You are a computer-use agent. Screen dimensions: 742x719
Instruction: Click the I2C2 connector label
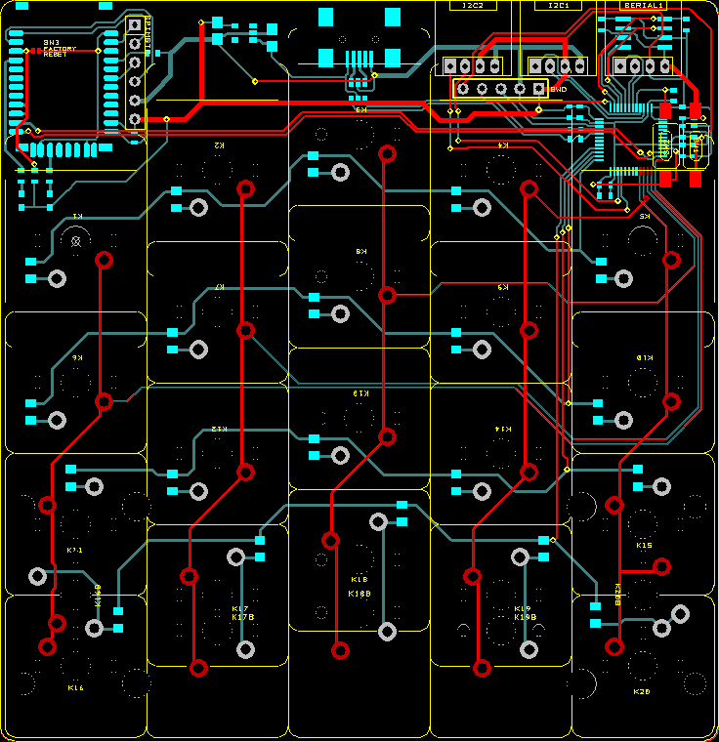click(x=473, y=6)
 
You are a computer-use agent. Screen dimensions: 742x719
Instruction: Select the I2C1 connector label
click(x=558, y=6)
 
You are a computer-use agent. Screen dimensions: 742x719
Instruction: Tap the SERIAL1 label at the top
click(x=643, y=6)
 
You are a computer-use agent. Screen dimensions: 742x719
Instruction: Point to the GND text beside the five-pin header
click(x=559, y=90)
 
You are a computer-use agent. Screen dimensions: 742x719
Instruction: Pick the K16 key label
click(x=75, y=688)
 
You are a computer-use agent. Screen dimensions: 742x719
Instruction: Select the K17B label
click(x=242, y=617)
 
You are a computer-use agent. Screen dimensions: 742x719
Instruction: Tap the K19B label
click(x=524, y=617)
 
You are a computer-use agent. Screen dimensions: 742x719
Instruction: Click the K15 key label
click(x=644, y=546)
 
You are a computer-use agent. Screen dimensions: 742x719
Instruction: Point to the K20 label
click(x=642, y=691)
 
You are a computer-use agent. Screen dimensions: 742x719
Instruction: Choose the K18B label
click(x=359, y=593)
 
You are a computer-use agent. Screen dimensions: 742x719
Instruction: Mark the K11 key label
click(x=75, y=550)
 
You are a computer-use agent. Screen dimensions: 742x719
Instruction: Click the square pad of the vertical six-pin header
click(x=135, y=24)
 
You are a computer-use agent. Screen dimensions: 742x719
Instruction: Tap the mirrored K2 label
click(x=219, y=144)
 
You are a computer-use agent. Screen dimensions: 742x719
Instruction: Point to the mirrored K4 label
click(x=503, y=144)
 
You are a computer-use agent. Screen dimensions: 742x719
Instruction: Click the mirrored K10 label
click(x=644, y=357)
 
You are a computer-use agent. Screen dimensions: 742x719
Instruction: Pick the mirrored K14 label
click(x=503, y=429)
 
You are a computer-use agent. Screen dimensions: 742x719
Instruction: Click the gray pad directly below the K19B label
click(x=529, y=648)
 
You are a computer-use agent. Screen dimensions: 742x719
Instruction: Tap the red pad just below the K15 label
click(x=661, y=566)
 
